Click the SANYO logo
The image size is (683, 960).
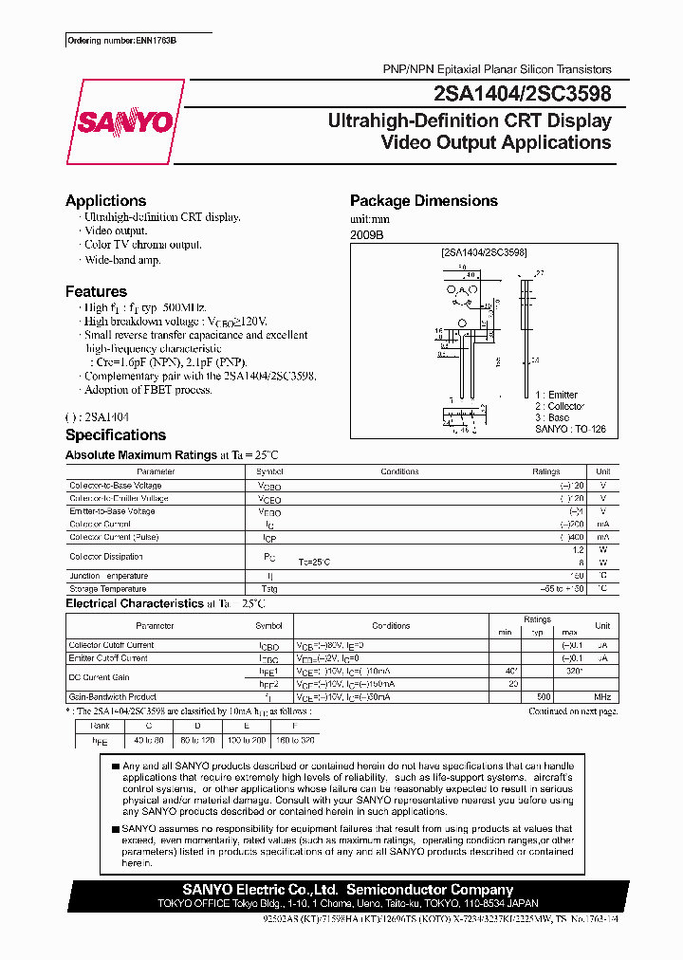pos(124,121)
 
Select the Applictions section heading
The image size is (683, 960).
pos(105,201)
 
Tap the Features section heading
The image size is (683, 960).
pos(96,292)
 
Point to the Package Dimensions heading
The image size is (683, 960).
pos(423,201)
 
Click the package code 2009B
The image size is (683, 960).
pos(368,233)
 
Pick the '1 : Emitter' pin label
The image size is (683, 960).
pos(556,395)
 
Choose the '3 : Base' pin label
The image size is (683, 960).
pos(552,417)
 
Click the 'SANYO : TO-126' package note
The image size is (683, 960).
pos(570,430)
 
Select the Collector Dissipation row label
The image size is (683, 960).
pos(106,557)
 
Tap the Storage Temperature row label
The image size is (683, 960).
pos(109,589)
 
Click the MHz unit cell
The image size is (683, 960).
pos(601,695)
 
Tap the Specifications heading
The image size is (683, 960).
pos(115,435)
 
